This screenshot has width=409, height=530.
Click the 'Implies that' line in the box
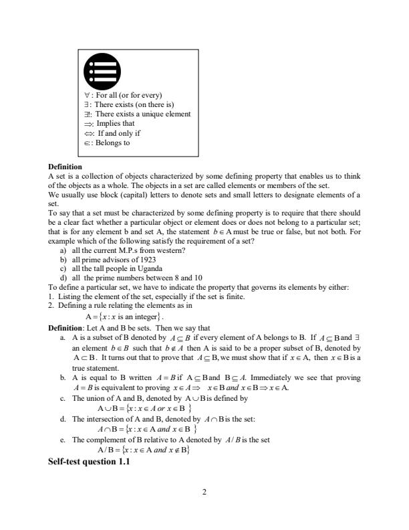110,124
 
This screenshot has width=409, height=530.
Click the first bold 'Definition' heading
65,166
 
